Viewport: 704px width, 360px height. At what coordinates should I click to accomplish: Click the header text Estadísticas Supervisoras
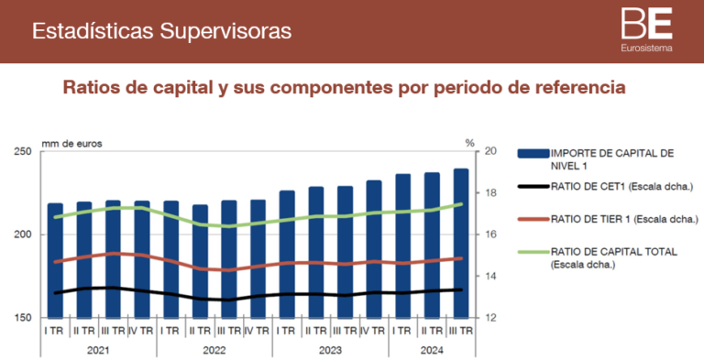click(x=162, y=31)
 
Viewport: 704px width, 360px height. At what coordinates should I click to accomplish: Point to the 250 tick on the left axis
click(x=22, y=151)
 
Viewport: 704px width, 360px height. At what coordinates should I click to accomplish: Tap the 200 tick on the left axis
click(x=22, y=235)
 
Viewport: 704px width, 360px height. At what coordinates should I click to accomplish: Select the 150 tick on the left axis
click(x=22, y=318)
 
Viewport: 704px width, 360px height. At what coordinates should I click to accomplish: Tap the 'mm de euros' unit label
click(x=72, y=143)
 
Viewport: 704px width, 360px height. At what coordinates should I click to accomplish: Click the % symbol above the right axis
click(x=468, y=143)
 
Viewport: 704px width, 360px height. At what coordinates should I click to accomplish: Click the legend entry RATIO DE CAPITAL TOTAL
click(x=616, y=256)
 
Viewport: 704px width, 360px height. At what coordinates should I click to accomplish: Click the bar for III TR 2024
click(x=461, y=243)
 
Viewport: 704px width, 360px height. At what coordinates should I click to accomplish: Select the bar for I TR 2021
click(x=56, y=260)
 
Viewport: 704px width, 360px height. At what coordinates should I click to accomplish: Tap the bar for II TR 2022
click(x=200, y=261)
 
